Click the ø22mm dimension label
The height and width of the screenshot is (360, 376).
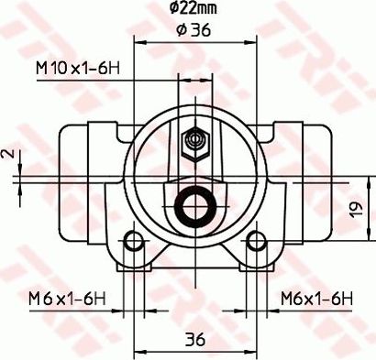tap(194, 10)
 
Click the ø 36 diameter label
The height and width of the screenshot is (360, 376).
tap(193, 29)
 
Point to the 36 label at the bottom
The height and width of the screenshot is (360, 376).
tap(194, 338)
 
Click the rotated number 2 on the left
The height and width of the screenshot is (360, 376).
tap(6, 155)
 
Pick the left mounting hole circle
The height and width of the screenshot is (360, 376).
tap(135, 242)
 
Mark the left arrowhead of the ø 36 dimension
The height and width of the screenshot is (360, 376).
tap(138, 41)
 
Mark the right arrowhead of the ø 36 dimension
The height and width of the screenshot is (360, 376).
tap(250, 41)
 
